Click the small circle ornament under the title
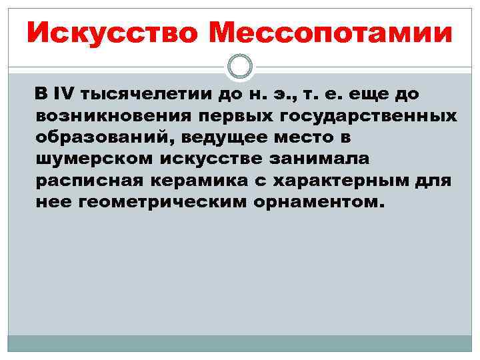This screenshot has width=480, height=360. (240, 66)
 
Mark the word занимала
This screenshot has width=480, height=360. (318, 161)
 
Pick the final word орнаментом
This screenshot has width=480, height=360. (319, 203)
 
